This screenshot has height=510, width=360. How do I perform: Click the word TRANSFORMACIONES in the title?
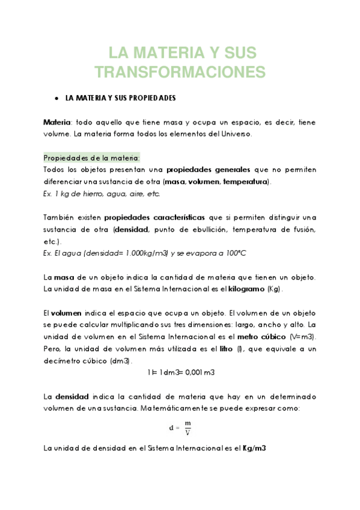tap(180, 72)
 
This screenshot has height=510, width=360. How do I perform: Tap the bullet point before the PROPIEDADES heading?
tap(55, 97)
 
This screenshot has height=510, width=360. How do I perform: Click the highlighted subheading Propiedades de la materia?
tap(91, 158)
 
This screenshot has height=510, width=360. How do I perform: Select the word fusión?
tap(302, 229)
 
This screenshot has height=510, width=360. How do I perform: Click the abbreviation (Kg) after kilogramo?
tap(274, 289)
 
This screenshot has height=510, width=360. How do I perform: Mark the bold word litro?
tap(227, 348)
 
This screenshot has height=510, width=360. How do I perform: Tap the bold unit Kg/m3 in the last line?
tap(254, 449)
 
